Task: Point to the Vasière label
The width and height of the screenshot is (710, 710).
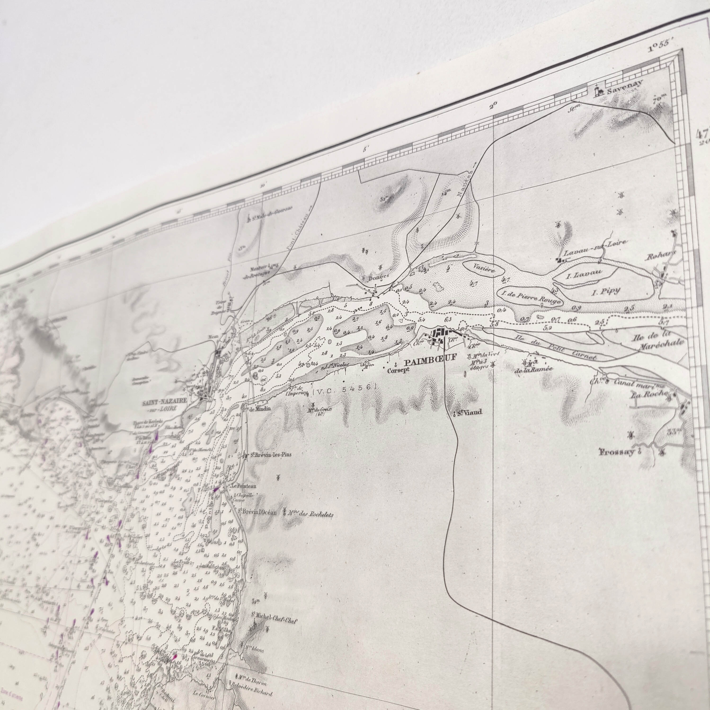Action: click(x=484, y=266)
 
